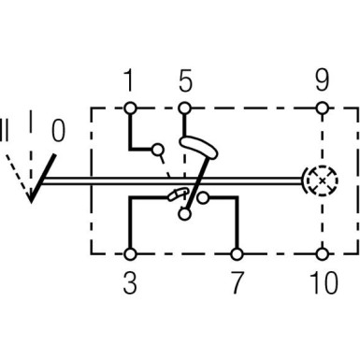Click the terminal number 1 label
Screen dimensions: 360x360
click(x=130, y=81)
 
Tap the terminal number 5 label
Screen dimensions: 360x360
click(x=185, y=81)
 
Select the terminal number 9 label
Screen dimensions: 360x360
click(x=323, y=81)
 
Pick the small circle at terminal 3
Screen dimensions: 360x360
click(x=130, y=252)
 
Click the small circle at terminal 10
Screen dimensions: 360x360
click(x=323, y=252)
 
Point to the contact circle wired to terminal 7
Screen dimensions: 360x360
click(x=201, y=197)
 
